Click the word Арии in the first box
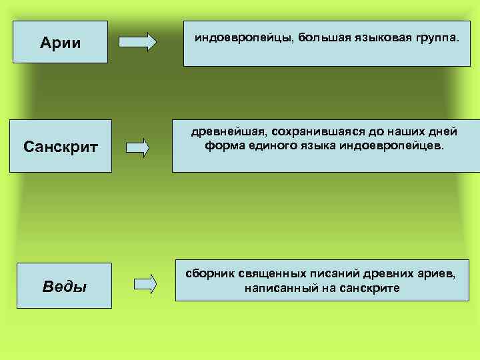pos(60,43)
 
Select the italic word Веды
pos(64,287)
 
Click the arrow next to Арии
pos(137,42)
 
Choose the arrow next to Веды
pos(145,283)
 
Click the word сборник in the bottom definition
pos(211,274)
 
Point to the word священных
pos(276,274)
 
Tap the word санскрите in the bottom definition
pos(368,288)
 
